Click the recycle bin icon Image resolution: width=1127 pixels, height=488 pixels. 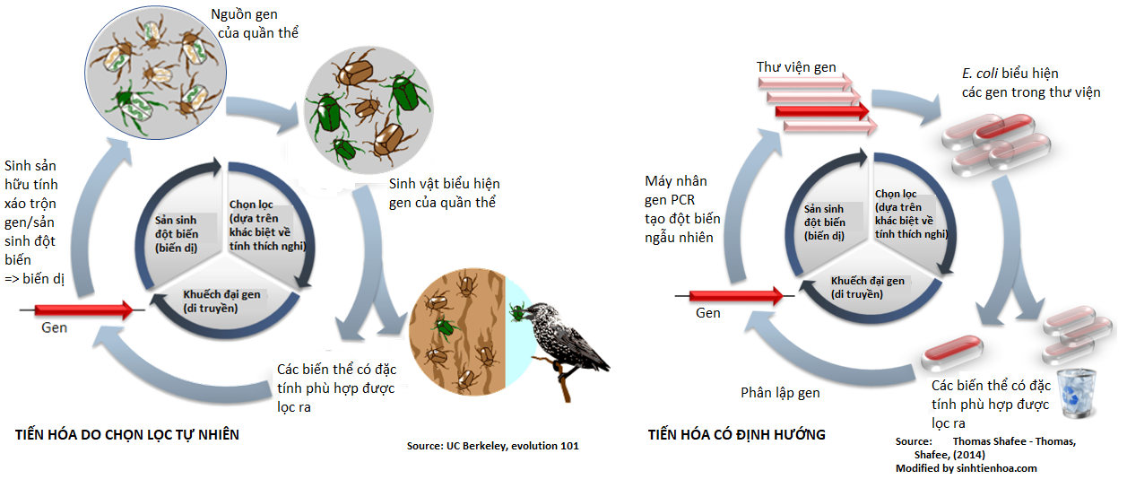1075,396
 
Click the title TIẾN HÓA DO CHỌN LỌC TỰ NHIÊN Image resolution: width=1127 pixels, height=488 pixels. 128,435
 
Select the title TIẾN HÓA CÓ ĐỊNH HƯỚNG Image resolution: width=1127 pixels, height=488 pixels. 736,435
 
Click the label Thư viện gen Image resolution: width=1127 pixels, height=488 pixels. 796,67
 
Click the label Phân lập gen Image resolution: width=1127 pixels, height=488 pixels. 780,393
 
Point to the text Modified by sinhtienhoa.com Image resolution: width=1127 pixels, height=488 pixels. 966,468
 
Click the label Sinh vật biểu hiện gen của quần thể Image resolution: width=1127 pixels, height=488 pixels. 443,193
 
